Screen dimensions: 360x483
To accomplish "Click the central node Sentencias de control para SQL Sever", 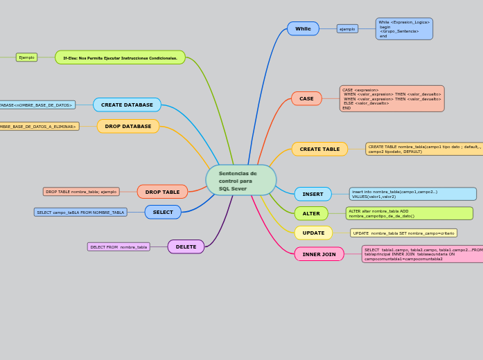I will click(x=240, y=180).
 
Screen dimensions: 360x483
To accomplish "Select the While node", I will click(x=303, y=28).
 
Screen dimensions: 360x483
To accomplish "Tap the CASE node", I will click(x=306, y=98).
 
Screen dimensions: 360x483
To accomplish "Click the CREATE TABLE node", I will click(x=319, y=149).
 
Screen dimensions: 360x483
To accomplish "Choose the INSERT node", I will click(x=313, y=194).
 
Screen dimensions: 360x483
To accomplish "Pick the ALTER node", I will click(x=311, y=213).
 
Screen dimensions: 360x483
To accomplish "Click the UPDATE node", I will click(x=313, y=233).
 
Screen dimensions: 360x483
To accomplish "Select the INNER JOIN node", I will click(x=319, y=254).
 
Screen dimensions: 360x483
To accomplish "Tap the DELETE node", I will click(x=186, y=246).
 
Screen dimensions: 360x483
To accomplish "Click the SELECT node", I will click(x=163, y=212).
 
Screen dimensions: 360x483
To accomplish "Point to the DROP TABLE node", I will click(x=162, y=192).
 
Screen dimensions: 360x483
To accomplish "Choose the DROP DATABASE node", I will click(x=128, y=126).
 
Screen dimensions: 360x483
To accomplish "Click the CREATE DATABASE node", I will click(x=127, y=105).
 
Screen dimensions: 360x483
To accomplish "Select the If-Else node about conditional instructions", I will click(x=120, y=57).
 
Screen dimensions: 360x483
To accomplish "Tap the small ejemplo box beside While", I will click(x=347, y=29).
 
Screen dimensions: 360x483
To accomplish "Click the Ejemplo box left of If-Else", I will click(x=26, y=57).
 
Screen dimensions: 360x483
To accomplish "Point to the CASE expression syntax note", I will click(x=392, y=98).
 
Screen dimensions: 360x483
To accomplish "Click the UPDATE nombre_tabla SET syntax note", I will click(x=403, y=233).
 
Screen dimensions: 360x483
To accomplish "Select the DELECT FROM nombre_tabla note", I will click(x=118, y=246).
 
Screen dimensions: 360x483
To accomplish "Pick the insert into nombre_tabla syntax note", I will click(x=412, y=194).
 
